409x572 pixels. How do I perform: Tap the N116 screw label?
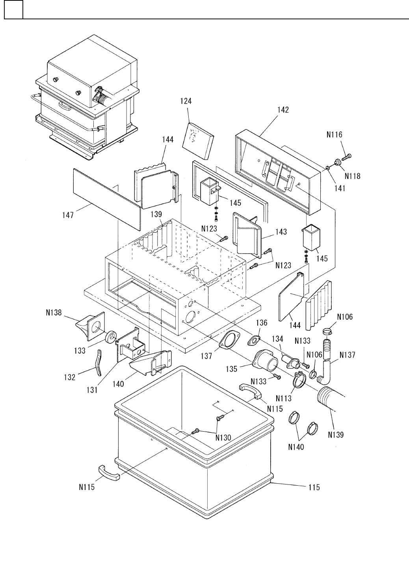pyautogui.click(x=334, y=135)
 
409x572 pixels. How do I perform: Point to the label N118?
pyautogui.click(x=352, y=176)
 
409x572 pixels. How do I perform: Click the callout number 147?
pyautogui.click(x=68, y=215)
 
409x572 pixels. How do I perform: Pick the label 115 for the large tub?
pyautogui.click(x=314, y=488)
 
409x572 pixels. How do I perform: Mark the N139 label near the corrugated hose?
pyautogui.click(x=336, y=435)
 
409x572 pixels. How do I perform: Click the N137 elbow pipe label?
pyautogui.click(x=347, y=355)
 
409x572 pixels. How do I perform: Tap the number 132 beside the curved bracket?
pyautogui.click(x=69, y=377)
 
